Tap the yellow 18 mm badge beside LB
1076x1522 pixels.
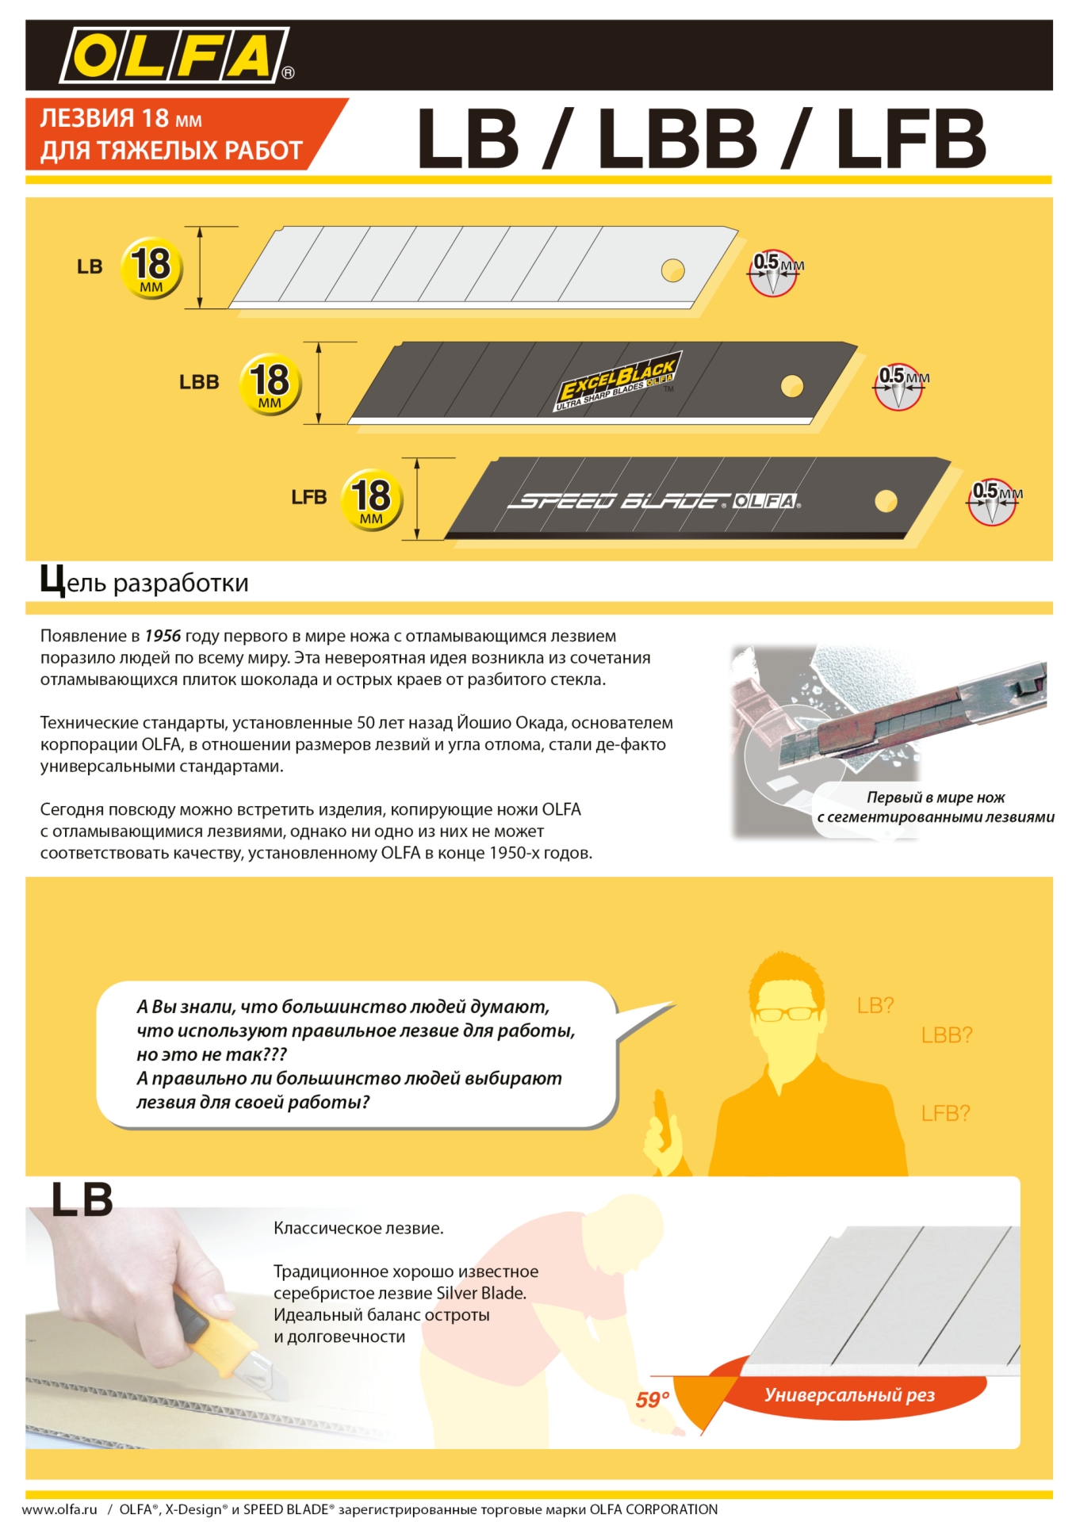151,268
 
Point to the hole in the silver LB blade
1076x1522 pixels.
672,270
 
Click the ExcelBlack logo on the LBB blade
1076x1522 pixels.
617,383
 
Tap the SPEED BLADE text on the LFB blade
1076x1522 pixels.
618,501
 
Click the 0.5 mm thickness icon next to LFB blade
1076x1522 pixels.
992,501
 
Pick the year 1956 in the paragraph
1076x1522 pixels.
163,636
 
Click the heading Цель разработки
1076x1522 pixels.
144,583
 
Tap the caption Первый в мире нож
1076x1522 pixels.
936,797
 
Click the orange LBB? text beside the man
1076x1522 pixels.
946,1034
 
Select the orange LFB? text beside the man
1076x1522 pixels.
945,1113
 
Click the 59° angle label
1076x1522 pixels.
652,1400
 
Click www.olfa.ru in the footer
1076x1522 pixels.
59,1509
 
